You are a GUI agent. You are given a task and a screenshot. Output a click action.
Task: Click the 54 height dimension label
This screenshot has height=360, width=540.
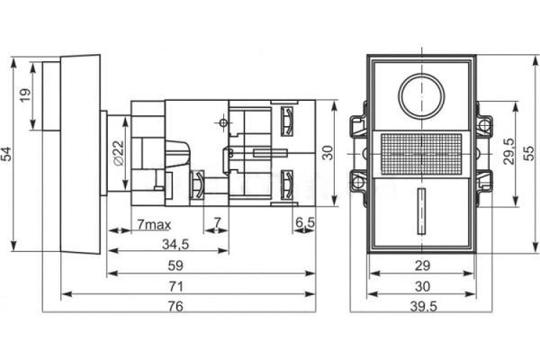point(6,154)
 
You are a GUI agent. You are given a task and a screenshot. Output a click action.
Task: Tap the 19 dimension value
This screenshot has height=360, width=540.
point(25,95)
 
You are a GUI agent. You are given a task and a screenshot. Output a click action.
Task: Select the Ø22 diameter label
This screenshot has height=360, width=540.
point(118,153)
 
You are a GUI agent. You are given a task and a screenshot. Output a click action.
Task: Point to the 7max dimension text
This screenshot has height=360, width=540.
point(154,225)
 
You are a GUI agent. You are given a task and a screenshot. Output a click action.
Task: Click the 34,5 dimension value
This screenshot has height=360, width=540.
point(175,244)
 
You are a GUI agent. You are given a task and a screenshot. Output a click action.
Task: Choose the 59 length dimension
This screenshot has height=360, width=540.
point(175,265)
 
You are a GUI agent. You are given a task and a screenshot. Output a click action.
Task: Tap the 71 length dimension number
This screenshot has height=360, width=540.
point(175,286)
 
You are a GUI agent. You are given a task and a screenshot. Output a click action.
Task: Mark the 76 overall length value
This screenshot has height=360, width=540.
point(175,306)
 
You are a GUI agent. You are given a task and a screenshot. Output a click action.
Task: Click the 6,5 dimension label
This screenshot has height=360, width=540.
point(305,222)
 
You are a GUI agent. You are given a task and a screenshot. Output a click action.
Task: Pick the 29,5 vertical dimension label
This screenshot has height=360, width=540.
point(508,151)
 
